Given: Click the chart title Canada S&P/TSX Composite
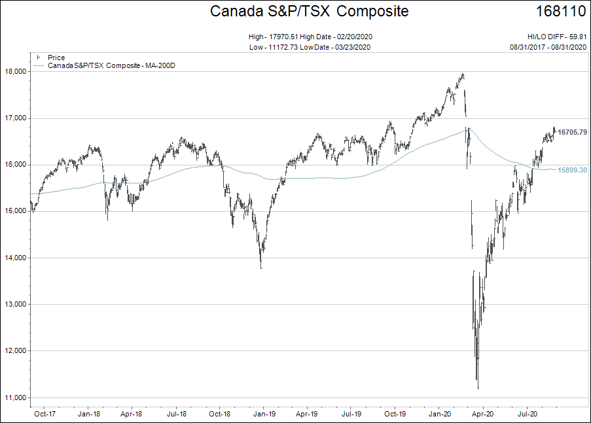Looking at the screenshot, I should (309, 12).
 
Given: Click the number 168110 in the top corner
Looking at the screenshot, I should (560, 12).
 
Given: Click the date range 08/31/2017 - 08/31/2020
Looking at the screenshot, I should (548, 47).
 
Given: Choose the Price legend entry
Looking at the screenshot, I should (56, 58).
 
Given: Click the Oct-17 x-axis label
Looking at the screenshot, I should (44, 414).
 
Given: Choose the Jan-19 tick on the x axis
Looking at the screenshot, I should (263, 414).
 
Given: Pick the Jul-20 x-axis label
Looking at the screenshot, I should (527, 414).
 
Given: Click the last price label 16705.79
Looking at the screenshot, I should (571, 132).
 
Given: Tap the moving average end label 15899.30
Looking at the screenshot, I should (571, 170).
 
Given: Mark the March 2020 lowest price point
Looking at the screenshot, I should (478, 389).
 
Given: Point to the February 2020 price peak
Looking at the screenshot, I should (463, 75).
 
